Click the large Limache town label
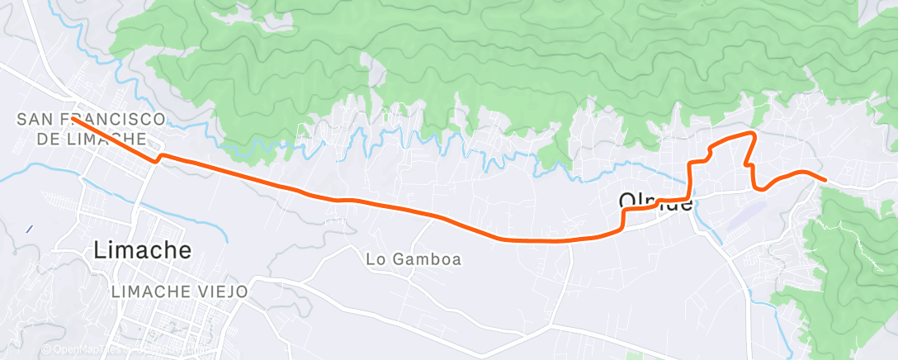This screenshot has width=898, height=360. coord(143,249)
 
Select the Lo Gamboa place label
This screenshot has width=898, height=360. coord(414,259)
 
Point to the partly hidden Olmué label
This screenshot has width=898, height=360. coord(655,201)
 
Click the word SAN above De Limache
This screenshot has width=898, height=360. coord(35,121)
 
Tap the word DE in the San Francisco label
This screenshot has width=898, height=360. coord(49,138)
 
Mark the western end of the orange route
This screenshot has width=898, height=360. coord(72,118)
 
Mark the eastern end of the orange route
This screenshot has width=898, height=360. coord(825,179)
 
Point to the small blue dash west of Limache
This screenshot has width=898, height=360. coord(29,229)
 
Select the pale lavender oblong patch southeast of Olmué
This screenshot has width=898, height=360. coord(747,212)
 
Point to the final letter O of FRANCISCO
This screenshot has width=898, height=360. coord(157,121)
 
